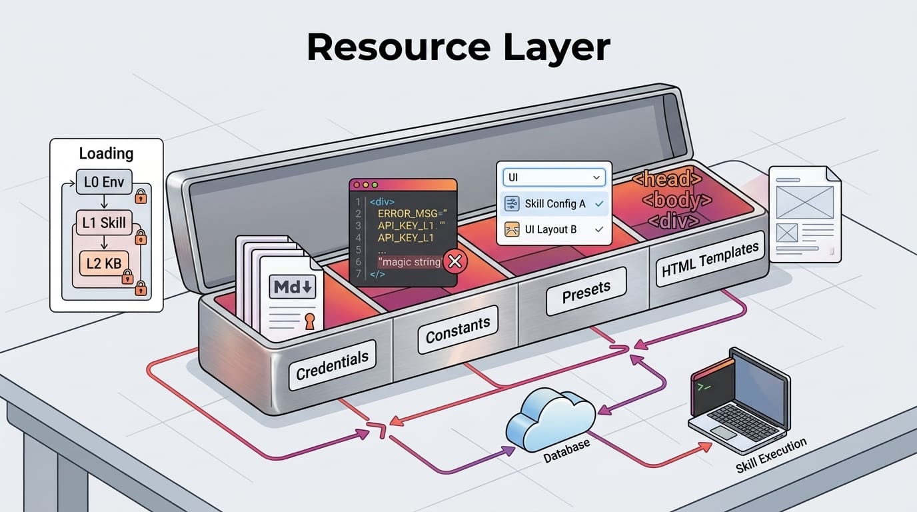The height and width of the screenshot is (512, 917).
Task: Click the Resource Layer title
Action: [458, 47]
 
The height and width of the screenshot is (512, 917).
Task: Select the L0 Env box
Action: [104, 181]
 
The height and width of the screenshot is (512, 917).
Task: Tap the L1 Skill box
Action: [104, 223]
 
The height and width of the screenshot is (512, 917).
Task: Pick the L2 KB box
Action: [103, 263]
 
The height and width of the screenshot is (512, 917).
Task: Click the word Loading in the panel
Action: [106, 153]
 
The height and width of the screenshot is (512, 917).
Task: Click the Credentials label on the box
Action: [332, 364]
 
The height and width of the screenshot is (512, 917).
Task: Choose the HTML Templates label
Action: [710, 259]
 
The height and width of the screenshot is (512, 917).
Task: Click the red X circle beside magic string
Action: [455, 262]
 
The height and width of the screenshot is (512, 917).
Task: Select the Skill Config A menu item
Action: [554, 204]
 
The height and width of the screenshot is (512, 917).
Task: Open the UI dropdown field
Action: [554, 177]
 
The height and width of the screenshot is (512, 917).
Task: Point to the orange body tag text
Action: [677, 200]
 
